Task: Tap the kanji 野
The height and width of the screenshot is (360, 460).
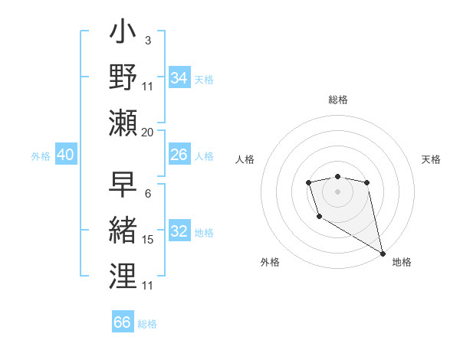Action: click(123, 77)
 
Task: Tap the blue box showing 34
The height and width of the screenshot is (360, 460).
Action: click(179, 78)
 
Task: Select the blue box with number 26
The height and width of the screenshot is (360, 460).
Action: click(179, 155)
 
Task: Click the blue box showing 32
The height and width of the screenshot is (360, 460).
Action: click(179, 232)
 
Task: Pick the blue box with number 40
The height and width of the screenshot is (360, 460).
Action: click(65, 155)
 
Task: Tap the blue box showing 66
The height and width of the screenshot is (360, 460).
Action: click(122, 322)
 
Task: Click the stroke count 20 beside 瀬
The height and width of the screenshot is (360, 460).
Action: click(148, 133)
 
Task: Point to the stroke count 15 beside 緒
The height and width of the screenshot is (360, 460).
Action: click(148, 240)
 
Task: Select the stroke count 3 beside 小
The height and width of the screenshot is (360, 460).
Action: click(147, 40)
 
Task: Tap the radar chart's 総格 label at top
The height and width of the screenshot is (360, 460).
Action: click(338, 100)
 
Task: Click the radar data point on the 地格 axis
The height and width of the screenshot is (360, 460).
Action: click(383, 254)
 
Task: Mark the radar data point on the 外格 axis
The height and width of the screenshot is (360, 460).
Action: click(319, 217)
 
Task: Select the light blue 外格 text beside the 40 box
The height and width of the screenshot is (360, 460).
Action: click(41, 156)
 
